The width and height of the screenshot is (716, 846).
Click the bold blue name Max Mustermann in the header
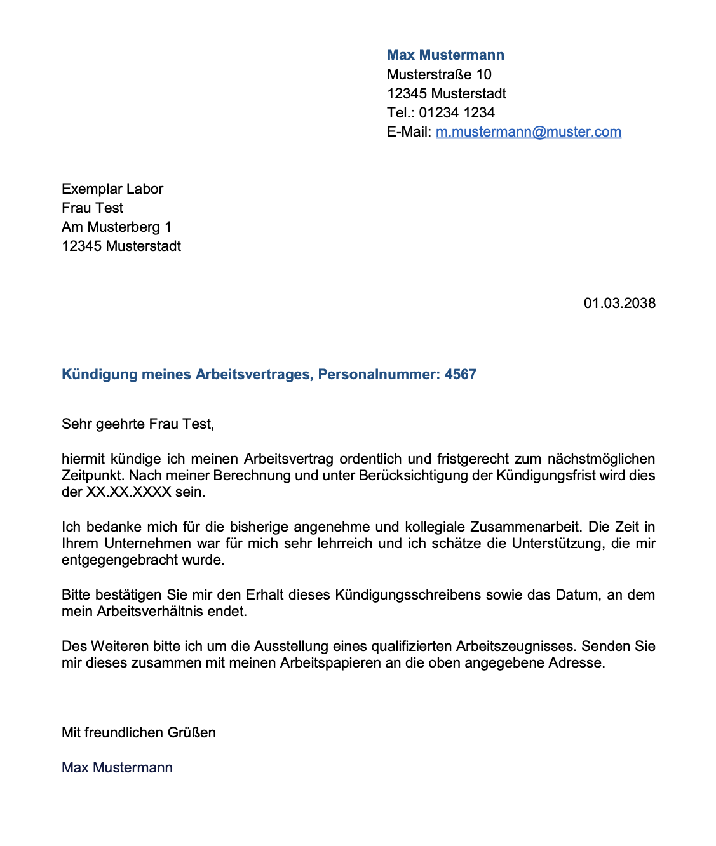(445, 55)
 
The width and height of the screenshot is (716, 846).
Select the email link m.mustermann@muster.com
(528, 132)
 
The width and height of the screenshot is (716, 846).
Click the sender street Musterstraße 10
(439, 75)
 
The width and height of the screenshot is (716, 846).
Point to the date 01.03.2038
(619, 304)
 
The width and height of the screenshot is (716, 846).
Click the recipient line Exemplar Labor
(112, 189)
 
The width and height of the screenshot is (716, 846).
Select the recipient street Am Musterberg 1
(116, 227)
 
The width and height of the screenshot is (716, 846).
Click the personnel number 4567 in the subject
(461, 375)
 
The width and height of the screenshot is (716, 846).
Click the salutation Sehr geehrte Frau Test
(138, 424)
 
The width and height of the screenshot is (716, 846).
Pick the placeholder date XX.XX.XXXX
(129, 492)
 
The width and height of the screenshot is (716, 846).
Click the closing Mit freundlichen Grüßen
(138, 733)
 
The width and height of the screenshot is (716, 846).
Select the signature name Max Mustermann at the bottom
(117, 768)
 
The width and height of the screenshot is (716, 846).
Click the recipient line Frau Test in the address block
(92, 208)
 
